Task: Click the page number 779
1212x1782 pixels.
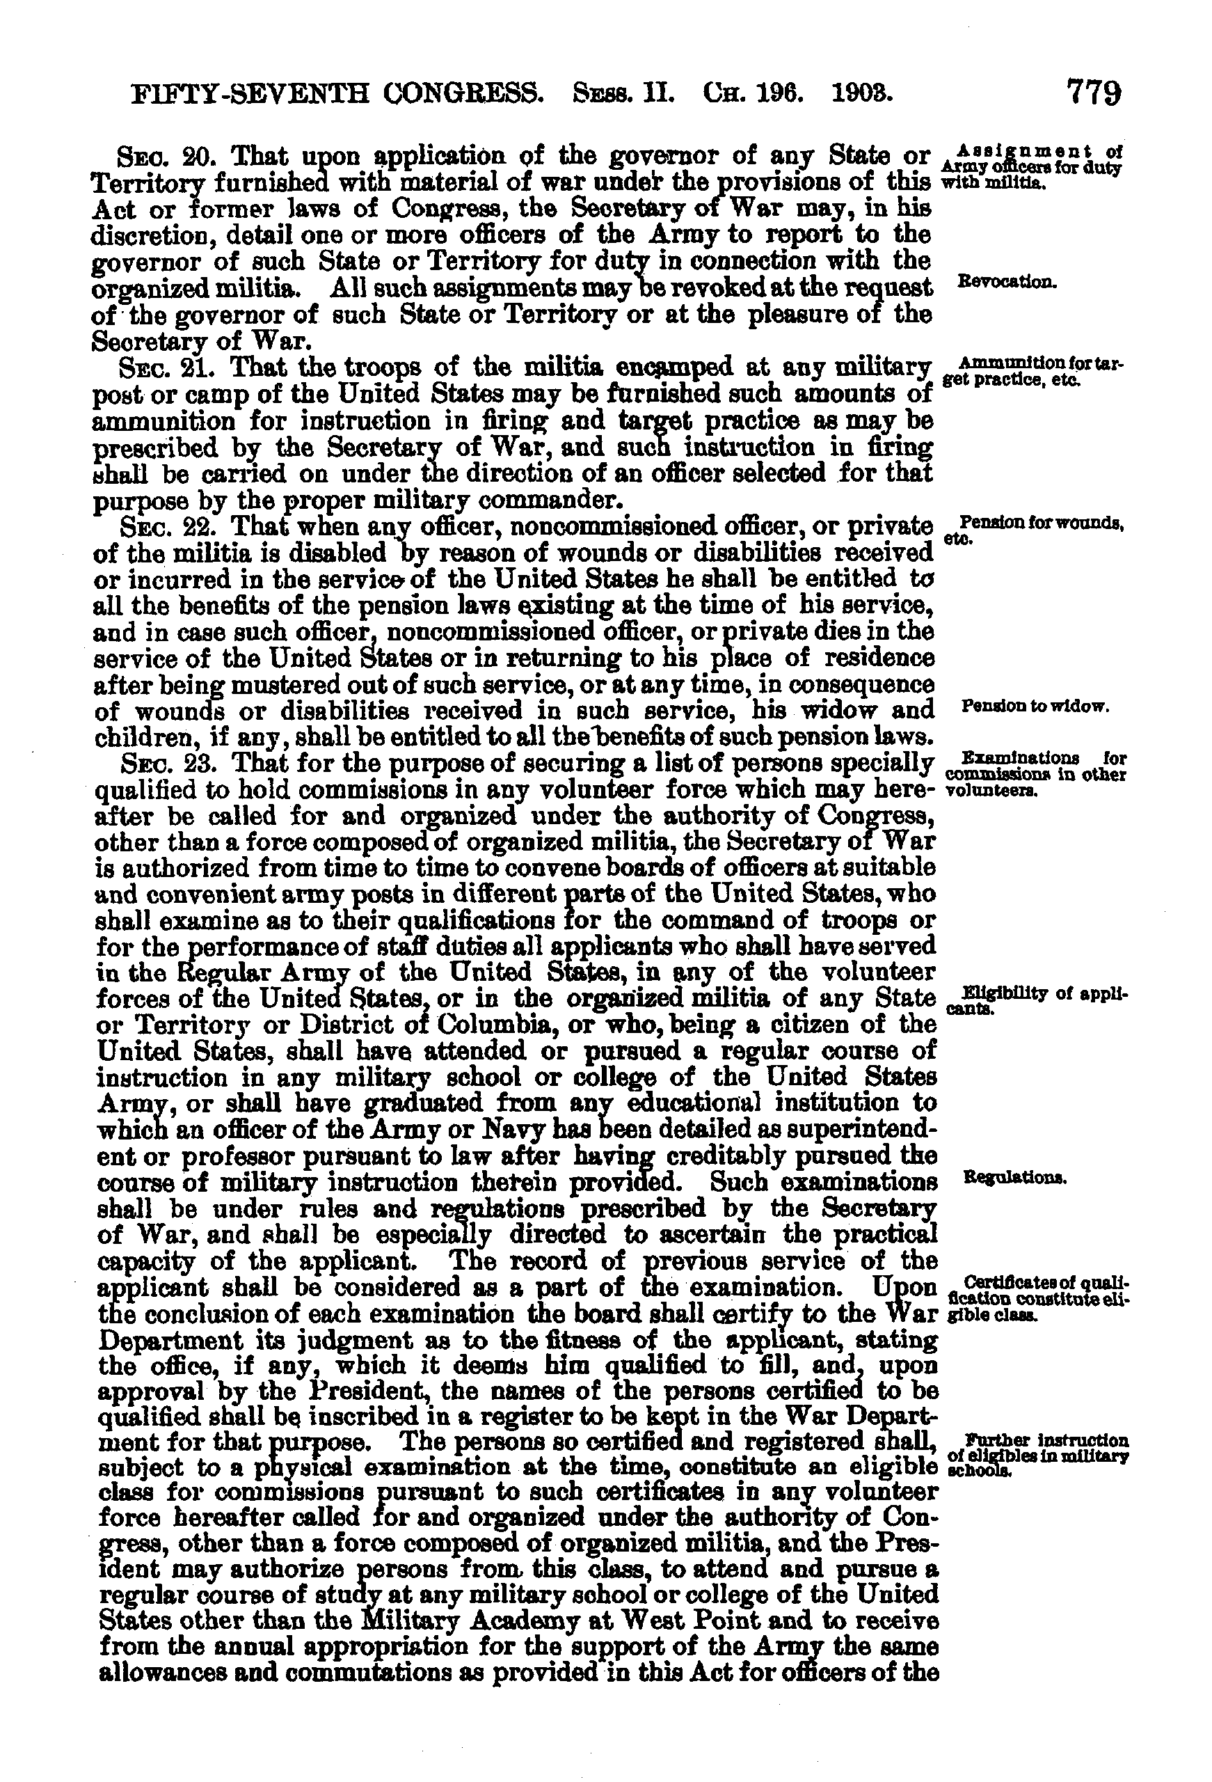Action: pos(1092,95)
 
